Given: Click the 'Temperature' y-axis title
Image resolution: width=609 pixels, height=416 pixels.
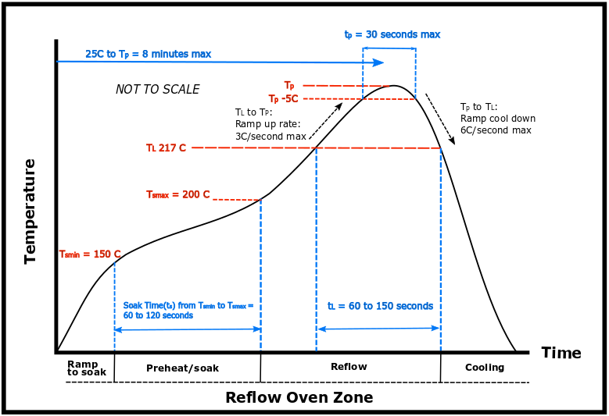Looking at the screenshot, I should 30,211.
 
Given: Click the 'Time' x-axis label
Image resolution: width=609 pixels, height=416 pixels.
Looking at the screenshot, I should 561,353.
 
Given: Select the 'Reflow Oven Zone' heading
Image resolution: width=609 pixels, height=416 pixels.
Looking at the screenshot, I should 299,397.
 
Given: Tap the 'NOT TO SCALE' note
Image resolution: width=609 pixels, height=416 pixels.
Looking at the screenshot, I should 157,89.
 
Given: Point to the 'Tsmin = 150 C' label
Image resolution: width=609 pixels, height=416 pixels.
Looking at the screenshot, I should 90,254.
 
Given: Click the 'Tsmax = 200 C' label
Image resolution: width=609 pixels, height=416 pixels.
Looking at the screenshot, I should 178,194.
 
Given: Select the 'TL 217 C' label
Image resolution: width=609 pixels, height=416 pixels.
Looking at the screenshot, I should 166,148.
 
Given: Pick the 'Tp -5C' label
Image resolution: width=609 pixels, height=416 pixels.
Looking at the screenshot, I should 283,99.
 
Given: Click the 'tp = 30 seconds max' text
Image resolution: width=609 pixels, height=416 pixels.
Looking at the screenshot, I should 392,34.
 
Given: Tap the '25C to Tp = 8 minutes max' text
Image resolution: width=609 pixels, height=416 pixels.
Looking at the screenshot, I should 148,54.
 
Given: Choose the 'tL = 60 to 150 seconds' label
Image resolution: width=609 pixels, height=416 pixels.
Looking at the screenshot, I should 380,306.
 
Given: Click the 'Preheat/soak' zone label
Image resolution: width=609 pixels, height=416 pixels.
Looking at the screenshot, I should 183,368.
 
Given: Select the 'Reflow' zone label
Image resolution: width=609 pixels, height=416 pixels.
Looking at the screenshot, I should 349,366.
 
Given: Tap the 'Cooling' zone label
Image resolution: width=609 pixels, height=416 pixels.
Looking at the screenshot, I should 485,367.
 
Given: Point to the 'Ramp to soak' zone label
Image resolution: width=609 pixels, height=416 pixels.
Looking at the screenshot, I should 86,368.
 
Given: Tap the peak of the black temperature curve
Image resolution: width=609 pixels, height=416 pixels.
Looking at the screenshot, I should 395,86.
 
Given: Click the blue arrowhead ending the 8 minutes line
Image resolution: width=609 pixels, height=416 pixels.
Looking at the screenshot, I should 378,62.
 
